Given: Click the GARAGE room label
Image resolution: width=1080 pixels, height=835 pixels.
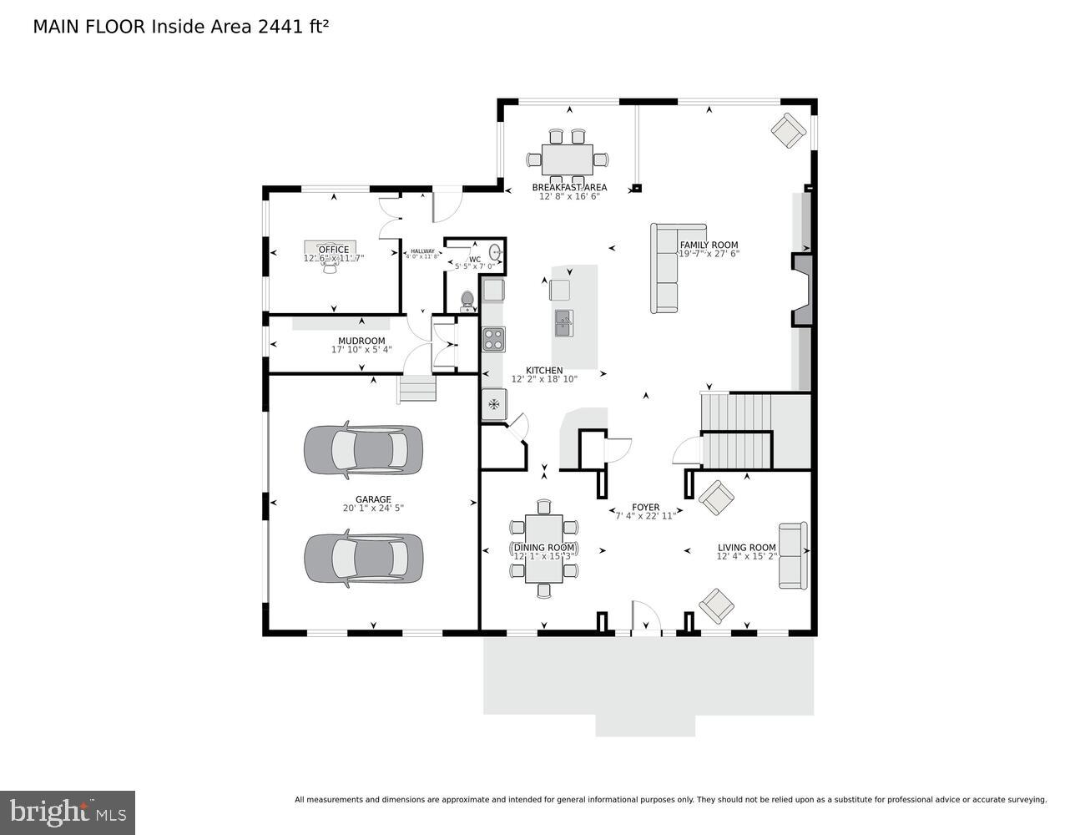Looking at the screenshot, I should tap(373, 499).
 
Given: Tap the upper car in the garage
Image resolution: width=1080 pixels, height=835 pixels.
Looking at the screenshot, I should tap(363, 449).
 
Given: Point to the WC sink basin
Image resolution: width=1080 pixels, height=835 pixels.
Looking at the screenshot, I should tap(495, 251).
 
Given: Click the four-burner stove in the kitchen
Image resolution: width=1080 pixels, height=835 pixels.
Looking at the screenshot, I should tap(493, 339).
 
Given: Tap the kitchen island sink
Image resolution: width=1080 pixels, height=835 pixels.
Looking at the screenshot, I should tap(564, 321).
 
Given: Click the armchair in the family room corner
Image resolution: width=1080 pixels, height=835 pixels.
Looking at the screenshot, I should tap(788, 130).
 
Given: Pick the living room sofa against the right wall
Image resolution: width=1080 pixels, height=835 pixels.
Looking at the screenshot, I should tap(792, 555).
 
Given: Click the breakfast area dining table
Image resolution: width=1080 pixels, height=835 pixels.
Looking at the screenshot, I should tap(567, 159).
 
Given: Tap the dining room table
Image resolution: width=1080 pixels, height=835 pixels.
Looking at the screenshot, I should tap(543, 549).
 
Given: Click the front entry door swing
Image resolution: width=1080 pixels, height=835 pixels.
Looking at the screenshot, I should tap(645, 618).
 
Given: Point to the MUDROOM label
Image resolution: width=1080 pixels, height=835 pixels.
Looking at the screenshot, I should tap(361, 341).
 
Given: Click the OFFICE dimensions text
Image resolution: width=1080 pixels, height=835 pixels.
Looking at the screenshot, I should tap(333, 259).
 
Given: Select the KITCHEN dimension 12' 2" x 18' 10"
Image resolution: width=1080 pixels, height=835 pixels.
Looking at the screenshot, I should tap(544, 379).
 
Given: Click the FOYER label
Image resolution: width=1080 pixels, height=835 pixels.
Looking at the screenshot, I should tap(645, 507).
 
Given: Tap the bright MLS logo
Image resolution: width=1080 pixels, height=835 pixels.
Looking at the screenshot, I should tap(68, 812).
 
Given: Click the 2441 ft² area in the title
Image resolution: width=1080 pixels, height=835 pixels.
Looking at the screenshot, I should tap(293, 27).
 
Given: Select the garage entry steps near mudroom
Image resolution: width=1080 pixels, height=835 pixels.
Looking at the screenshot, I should tap(416, 388).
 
